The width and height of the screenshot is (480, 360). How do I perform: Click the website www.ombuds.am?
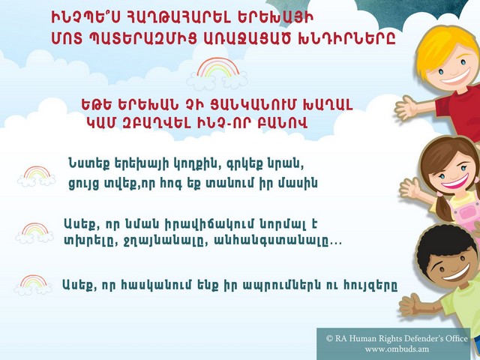point(397,349)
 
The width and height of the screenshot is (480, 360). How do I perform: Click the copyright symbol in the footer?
point(329,338)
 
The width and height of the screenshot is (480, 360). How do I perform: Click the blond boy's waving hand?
point(406,108)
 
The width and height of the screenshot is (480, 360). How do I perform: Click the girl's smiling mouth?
point(456,181)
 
